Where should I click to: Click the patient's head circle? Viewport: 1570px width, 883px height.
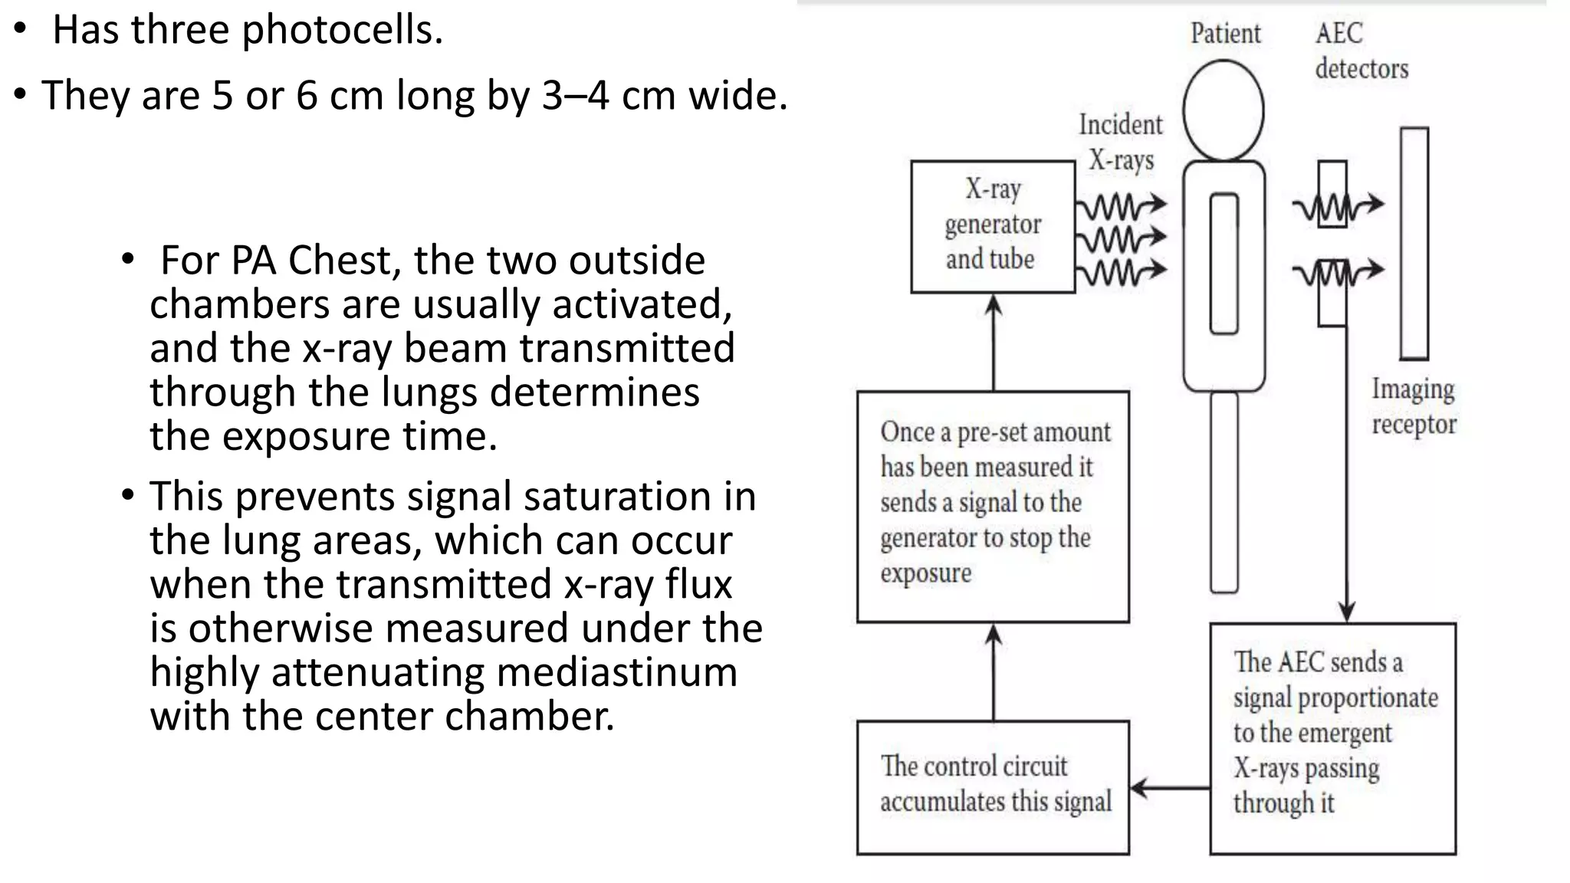(1223, 110)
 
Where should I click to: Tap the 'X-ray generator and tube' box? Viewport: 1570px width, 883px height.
(993, 226)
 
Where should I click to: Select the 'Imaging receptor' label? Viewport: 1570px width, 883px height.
(1413, 406)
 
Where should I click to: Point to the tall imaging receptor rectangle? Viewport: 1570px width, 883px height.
(1414, 243)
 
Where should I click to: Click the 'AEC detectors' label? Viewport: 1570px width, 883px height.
(1361, 51)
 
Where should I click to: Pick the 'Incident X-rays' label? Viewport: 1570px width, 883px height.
(1120, 142)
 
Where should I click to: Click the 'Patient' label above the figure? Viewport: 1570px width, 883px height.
(1225, 34)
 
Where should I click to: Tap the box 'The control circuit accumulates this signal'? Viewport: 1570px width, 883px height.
(993, 786)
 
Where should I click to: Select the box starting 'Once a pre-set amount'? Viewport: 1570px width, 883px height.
(993, 506)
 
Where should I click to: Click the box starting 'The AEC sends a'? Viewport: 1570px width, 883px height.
(1332, 737)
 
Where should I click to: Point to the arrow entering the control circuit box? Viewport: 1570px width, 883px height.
(1169, 787)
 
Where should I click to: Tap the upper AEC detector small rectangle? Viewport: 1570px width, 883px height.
(1332, 193)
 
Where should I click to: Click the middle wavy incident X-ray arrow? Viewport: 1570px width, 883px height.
(1121, 238)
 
